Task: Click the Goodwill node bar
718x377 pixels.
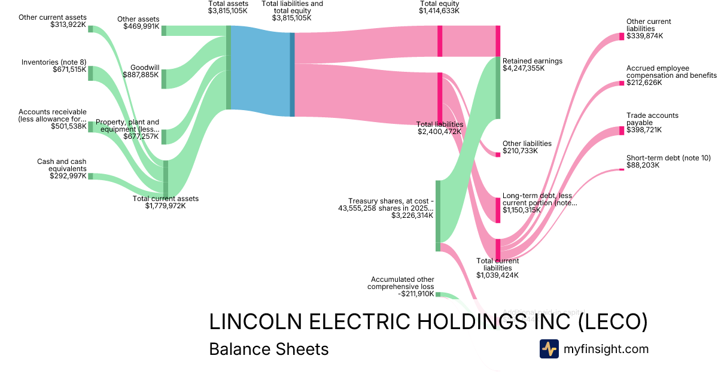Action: pyautogui.click(x=164, y=79)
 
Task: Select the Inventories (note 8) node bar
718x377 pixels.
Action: pyautogui.click(x=91, y=73)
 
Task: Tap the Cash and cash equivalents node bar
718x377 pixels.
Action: pyautogui.click(x=91, y=176)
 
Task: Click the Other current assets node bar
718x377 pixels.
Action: pyautogui.click(x=91, y=28)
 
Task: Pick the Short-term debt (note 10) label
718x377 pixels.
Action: pyautogui.click(x=668, y=158)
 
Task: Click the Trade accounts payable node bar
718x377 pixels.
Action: pyautogui.click(x=621, y=131)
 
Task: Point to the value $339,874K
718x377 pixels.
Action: pyautogui.click(x=645, y=36)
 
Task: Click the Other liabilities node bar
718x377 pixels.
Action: pyautogui.click(x=498, y=154)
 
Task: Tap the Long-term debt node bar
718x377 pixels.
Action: pyautogui.click(x=498, y=210)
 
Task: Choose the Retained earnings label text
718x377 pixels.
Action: pyautogui.click(x=533, y=61)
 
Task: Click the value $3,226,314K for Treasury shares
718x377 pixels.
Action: pyautogui.click(x=412, y=215)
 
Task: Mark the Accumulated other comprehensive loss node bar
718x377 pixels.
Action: pyautogui.click(x=438, y=294)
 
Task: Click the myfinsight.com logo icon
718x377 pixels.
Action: pyautogui.click(x=549, y=349)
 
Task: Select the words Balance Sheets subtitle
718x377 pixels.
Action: pyautogui.click(x=269, y=349)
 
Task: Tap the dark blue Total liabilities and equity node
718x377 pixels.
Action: pyautogui.click(x=292, y=74)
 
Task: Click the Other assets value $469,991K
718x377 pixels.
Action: pyautogui.click(x=141, y=26)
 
